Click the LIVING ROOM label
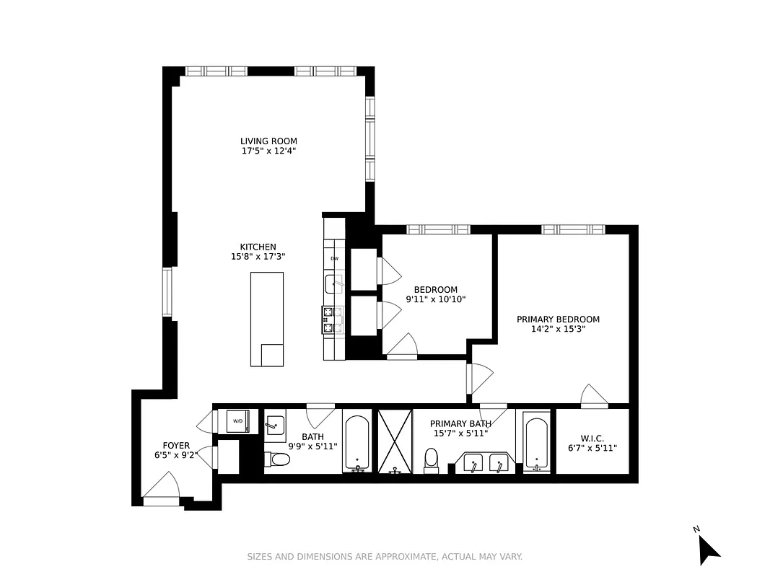coord(268,141)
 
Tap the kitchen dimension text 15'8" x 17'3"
coord(258,257)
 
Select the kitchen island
coord(267,320)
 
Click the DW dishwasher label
coord(334,259)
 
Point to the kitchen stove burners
coord(328,320)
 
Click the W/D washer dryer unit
coord(238,421)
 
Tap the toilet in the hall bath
coord(277,459)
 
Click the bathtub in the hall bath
coord(357,443)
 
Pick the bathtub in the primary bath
coord(536,443)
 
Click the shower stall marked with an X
coord(395,441)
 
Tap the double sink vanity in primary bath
coord(485,462)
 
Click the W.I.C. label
coord(592,439)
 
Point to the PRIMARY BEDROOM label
coord(558,320)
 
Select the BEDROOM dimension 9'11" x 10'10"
coord(436,299)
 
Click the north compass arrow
coord(708,549)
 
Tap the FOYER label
coord(176,446)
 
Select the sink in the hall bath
coord(275,426)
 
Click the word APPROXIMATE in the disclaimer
coord(405,557)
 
